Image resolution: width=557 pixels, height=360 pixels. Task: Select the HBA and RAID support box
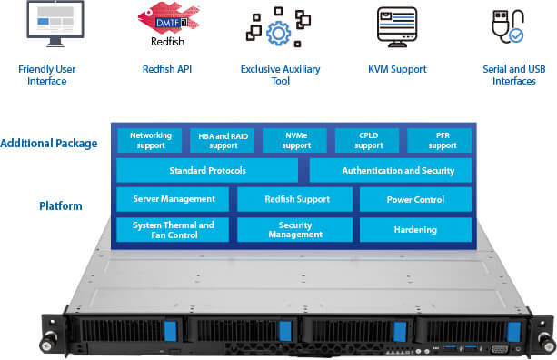(x=224, y=140)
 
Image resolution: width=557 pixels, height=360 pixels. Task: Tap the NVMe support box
(x=296, y=140)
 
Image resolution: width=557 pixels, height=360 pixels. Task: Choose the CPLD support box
(x=369, y=140)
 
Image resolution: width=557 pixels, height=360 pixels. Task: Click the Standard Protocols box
(x=207, y=170)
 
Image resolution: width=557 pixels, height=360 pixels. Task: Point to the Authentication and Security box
(x=391, y=170)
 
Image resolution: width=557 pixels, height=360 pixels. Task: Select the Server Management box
(x=174, y=199)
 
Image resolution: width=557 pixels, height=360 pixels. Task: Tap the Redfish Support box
(x=295, y=199)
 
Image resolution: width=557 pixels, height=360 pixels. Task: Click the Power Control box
(x=416, y=199)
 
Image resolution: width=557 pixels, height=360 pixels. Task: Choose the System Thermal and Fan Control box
(x=174, y=229)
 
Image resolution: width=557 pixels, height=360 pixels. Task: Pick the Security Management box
(x=295, y=229)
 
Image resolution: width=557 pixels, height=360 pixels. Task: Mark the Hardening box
(x=416, y=229)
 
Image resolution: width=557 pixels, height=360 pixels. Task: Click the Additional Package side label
(x=49, y=144)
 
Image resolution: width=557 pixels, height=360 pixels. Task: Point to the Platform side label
(x=61, y=206)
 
